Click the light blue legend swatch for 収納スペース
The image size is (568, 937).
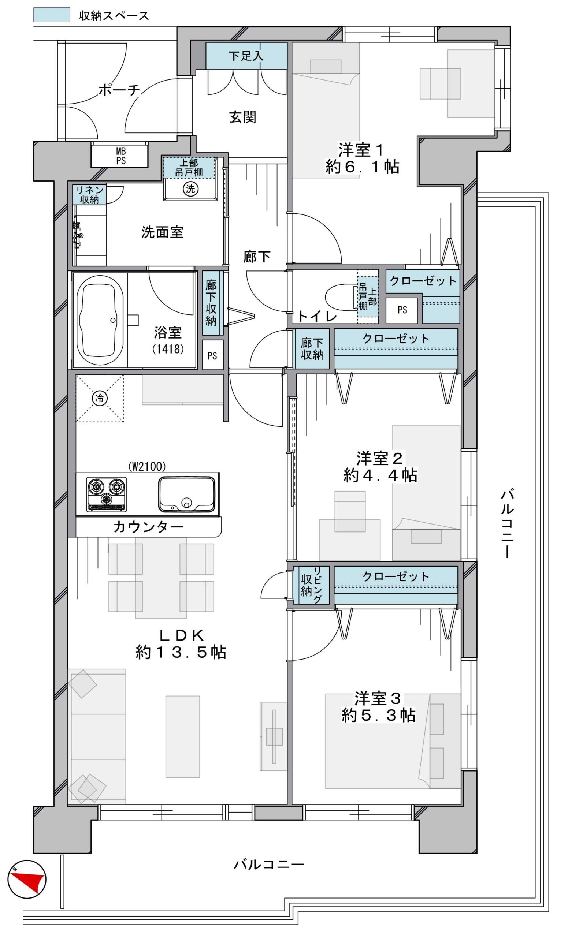tap(52, 15)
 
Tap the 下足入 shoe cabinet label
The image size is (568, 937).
tap(246, 56)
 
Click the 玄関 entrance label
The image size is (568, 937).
tap(243, 117)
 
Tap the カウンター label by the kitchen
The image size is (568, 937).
tap(148, 527)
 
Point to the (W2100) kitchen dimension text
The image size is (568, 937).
tap(147, 466)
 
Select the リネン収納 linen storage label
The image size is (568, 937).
tap(89, 195)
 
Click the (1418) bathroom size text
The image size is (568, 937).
tap(168, 349)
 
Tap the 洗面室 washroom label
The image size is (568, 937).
tap(163, 232)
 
